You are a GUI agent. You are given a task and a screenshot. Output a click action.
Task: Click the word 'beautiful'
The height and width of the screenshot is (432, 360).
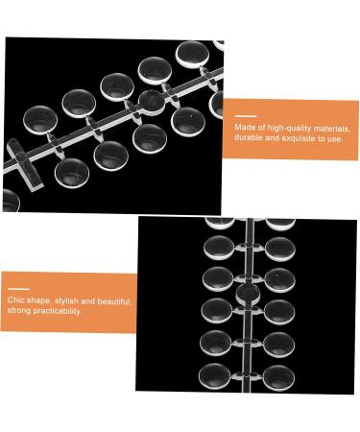118,300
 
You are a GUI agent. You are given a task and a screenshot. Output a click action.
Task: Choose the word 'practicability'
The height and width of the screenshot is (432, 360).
60,312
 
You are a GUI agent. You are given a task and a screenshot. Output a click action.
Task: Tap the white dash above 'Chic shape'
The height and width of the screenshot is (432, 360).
17,288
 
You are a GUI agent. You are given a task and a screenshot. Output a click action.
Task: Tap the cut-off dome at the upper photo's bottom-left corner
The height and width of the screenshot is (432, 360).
10,200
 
